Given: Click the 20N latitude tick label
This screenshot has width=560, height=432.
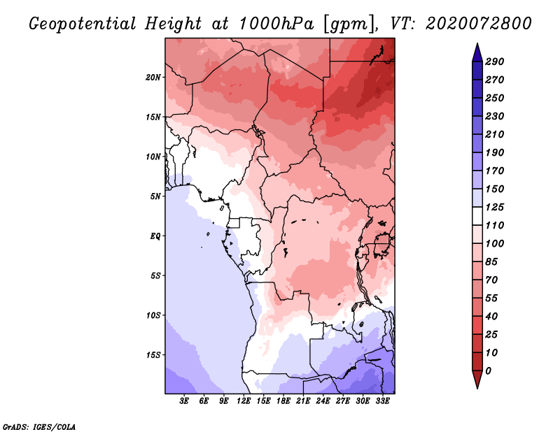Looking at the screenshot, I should [153, 77].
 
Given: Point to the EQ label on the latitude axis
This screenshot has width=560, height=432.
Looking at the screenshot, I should [155, 236].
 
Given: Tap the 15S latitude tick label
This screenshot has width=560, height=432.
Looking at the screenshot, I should [153, 354].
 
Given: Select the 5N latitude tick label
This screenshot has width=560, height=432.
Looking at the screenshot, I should [155, 196].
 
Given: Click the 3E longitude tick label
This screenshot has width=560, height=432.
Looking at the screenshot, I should [185, 402].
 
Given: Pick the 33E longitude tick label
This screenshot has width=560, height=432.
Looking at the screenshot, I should [382, 402].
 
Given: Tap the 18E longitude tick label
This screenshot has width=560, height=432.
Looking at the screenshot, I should [283, 402].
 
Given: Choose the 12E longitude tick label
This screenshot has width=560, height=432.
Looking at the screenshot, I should [244, 402].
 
